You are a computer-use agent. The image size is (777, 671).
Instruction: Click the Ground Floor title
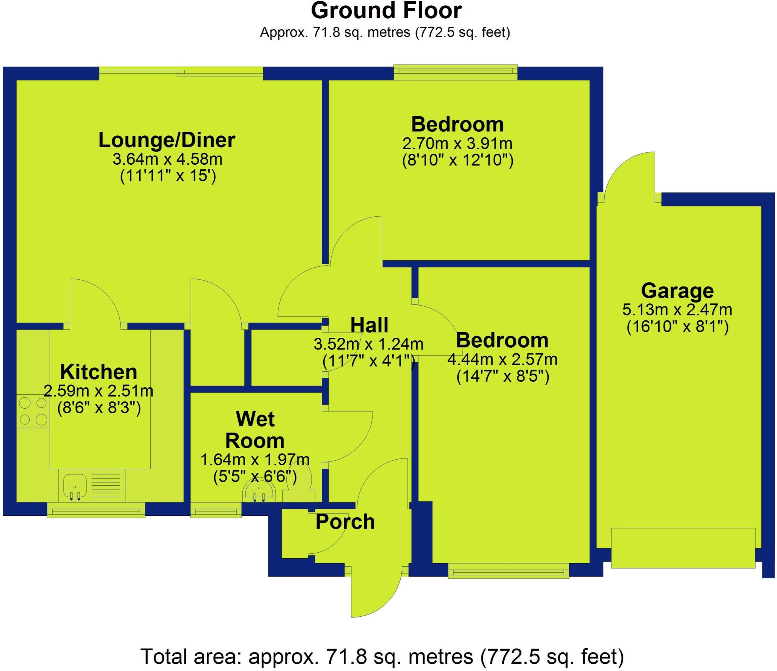click(x=386, y=11)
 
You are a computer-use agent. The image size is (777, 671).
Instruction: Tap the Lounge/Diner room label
click(x=167, y=140)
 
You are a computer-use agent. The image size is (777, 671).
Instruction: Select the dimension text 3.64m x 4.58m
click(x=167, y=159)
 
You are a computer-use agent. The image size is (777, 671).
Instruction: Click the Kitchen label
click(x=99, y=372)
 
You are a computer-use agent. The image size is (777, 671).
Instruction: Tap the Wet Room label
click(x=255, y=430)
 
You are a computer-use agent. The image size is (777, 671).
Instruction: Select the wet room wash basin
click(x=259, y=492)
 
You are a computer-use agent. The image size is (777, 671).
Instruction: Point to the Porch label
click(x=345, y=522)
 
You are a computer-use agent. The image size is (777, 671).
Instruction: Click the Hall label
click(x=369, y=325)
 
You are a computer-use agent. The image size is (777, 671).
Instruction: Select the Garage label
click(x=677, y=291)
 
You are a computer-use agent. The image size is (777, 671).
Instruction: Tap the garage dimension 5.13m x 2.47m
click(x=677, y=310)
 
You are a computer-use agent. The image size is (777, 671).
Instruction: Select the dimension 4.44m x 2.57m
click(x=502, y=359)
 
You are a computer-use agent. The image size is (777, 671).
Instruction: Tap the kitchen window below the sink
click(x=96, y=510)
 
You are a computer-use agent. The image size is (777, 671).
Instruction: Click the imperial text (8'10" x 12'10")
click(x=458, y=161)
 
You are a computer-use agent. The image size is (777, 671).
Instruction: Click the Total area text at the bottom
click(x=382, y=657)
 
